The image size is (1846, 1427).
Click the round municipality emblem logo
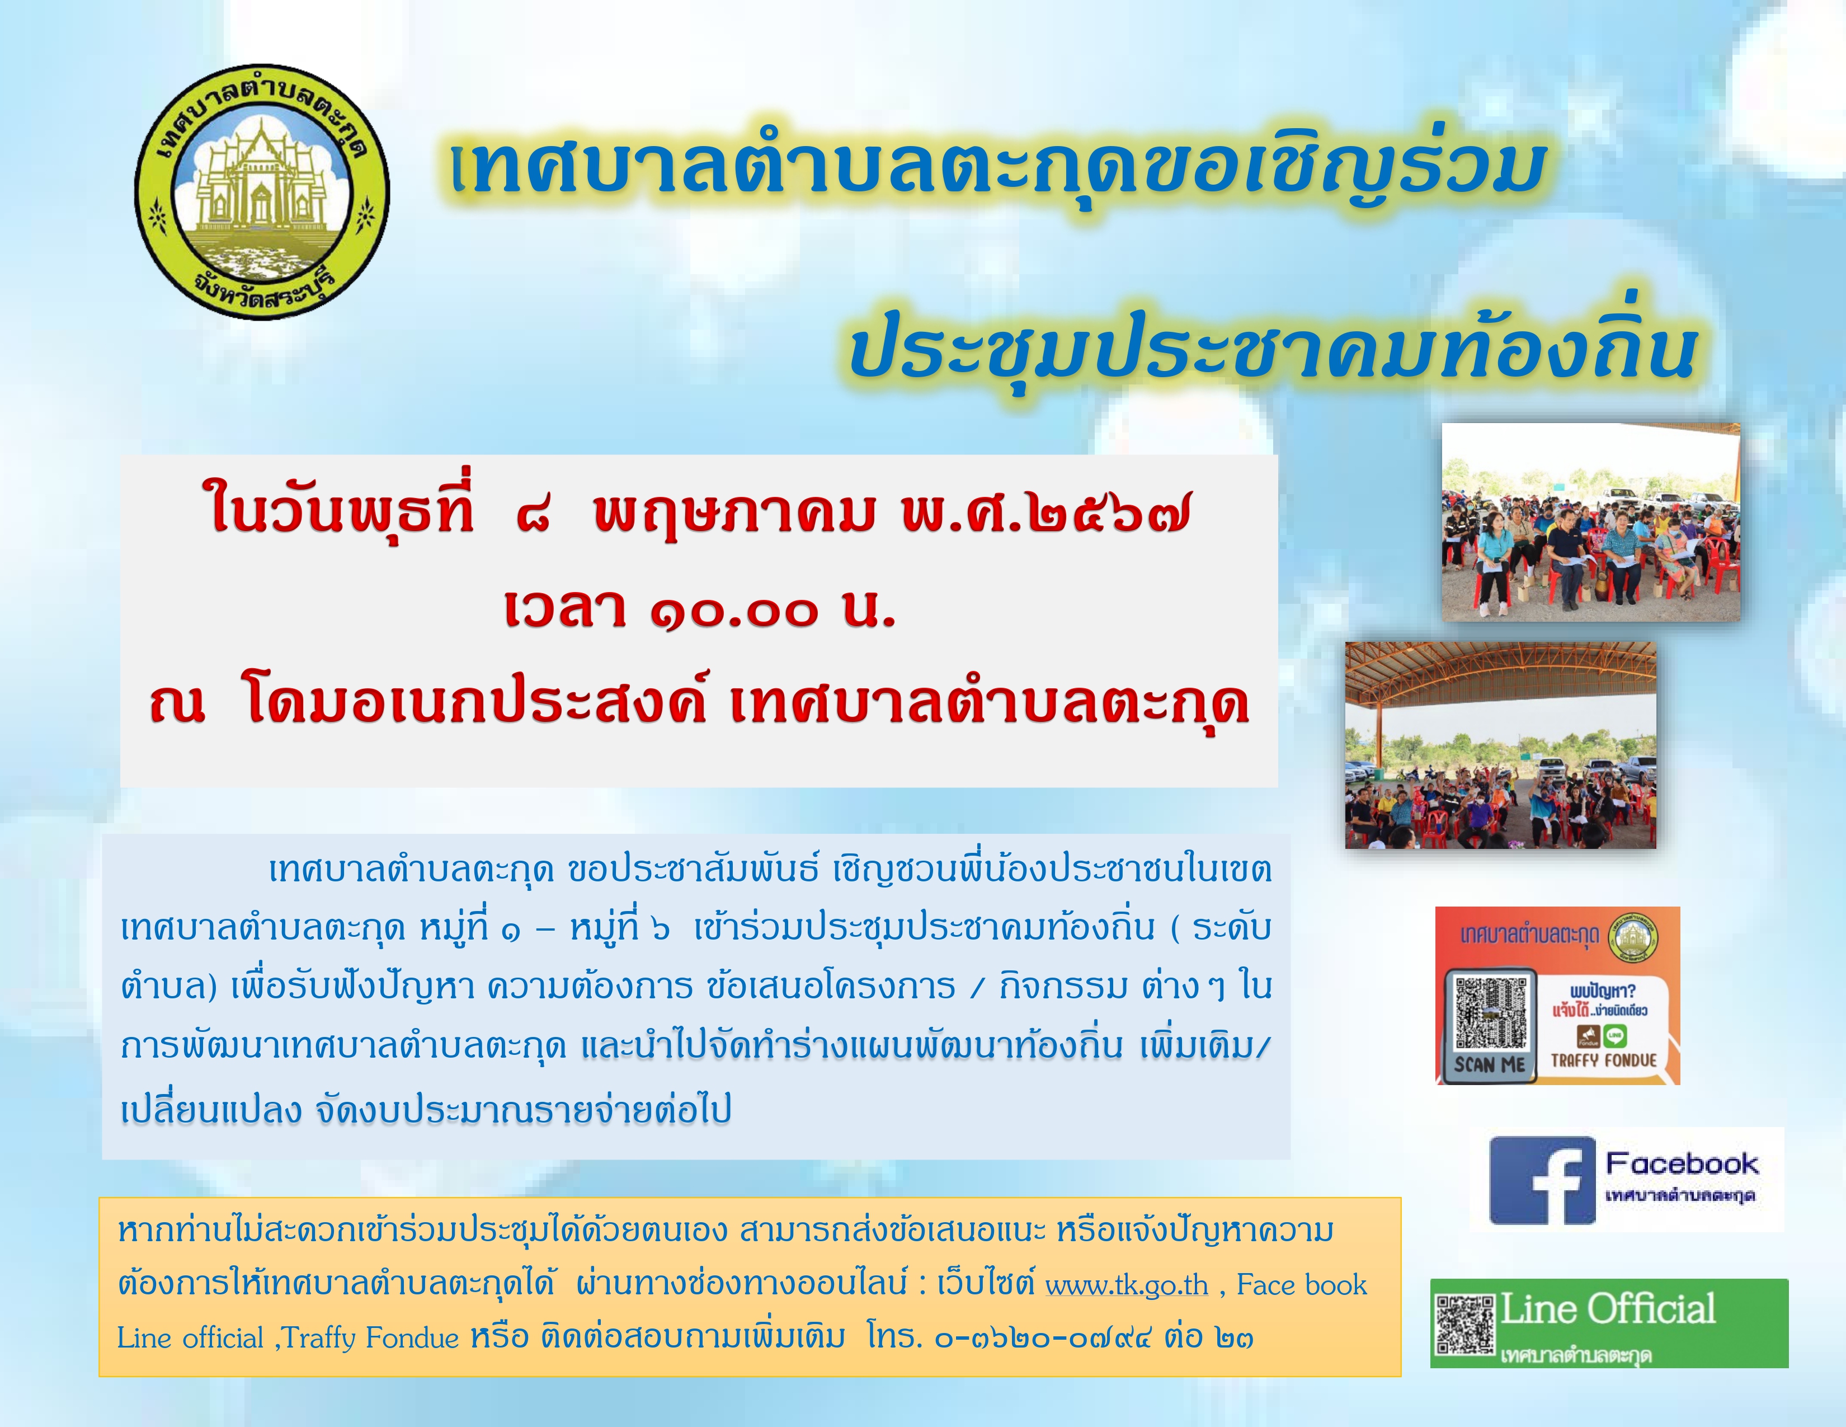[x=262, y=192]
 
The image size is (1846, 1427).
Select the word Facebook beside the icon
[x=1682, y=1163]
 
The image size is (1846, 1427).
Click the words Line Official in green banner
[x=1608, y=1309]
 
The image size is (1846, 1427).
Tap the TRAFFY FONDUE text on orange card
[x=1603, y=1060]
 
